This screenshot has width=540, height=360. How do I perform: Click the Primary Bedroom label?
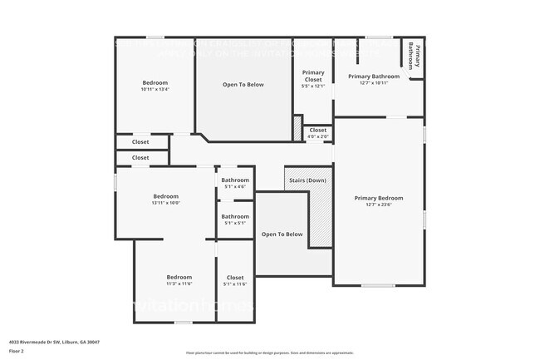pyautogui.click(x=378, y=198)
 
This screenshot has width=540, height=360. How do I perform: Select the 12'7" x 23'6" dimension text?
pyautogui.click(x=378, y=205)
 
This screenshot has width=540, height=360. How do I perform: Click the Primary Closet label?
pyautogui.click(x=313, y=72)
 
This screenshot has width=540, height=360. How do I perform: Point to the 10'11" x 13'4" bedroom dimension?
pyautogui.click(x=155, y=89)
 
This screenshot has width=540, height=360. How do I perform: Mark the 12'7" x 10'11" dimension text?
pyautogui.click(x=374, y=82)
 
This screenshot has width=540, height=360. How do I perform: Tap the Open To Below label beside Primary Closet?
pyautogui.click(x=243, y=85)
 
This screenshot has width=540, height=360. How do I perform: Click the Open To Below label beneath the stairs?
pyautogui.click(x=282, y=234)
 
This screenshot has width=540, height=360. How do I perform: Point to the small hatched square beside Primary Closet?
pyautogui.click(x=297, y=126)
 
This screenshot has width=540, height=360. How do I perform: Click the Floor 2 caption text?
pyautogui.click(x=17, y=349)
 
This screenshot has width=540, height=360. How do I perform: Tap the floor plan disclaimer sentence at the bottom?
pyautogui.click(x=269, y=353)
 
